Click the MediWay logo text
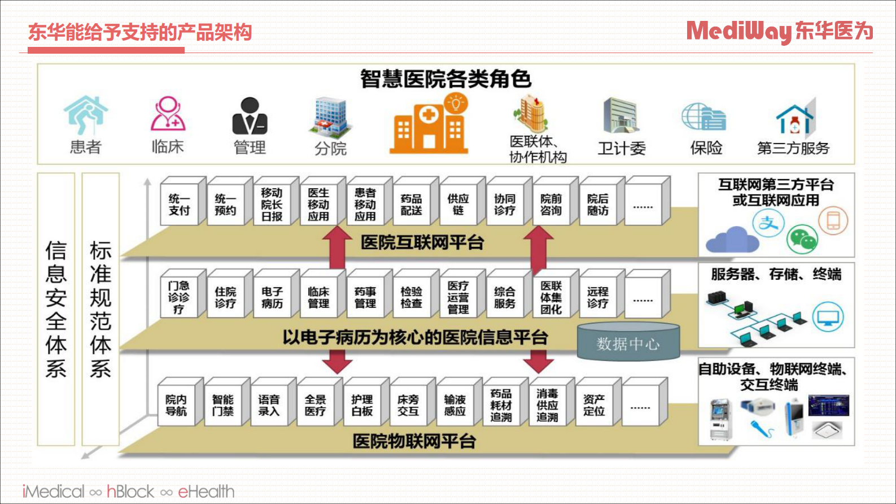pos(738,32)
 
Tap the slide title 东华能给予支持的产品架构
pos(140,32)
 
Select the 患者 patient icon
pos(85,116)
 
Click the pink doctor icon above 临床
pos(168,114)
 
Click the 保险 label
pos(706,148)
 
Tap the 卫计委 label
pos(622,149)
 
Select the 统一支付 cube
pos(180,205)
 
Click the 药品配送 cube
pos(412,205)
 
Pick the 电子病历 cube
pos(272,298)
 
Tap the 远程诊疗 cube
pos(598,298)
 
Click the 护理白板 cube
pos(362,406)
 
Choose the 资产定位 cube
pos(594,406)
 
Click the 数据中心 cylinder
pos(628,342)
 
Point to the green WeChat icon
pos(802,238)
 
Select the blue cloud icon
pos(733,240)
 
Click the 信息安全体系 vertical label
pos(56,309)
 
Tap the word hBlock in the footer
pos(130,492)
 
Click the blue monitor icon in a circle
pos(828,317)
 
